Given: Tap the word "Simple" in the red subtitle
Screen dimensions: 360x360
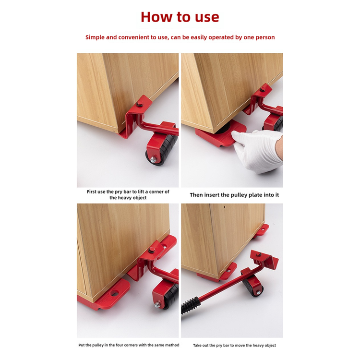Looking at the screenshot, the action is [95, 37].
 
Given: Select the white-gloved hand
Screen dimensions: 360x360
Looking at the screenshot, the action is [257, 150].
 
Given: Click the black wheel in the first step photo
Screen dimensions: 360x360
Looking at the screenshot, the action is [164, 149].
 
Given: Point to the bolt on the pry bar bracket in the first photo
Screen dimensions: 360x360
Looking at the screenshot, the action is [139, 104].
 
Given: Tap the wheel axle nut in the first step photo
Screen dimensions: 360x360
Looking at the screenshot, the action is [153, 159].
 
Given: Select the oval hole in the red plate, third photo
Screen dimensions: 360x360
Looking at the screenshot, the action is [114, 293].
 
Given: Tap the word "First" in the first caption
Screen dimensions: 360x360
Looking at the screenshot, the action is [92, 192].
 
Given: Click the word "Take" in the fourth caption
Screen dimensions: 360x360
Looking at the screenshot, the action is [197, 345].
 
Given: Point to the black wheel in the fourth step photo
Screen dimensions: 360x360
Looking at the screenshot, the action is [253, 287].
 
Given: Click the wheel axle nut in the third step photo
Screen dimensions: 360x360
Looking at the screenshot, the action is [157, 305].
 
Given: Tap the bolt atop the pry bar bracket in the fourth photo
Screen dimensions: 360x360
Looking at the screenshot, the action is [259, 254].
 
